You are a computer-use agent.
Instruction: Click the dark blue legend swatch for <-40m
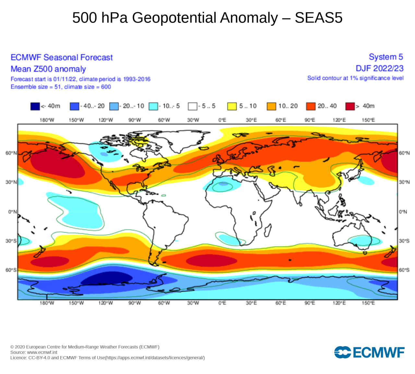(35, 106)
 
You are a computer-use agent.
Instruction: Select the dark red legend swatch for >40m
(350, 106)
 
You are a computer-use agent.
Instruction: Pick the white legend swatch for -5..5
(193, 106)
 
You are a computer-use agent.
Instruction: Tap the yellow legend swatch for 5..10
(232, 106)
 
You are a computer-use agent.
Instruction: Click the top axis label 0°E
(222, 120)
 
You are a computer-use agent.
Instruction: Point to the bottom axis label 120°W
(106, 303)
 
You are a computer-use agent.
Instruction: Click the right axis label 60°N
(404, 153)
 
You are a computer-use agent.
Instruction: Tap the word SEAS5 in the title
(318, 18)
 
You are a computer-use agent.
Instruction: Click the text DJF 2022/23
(379, 69)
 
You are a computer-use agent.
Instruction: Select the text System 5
(386, 57)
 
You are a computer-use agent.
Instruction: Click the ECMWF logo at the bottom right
(369, 352)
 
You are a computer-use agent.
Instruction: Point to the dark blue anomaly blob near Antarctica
(107, 278)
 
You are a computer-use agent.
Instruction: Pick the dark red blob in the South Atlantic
(211, 260)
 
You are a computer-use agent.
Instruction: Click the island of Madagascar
(268, 230)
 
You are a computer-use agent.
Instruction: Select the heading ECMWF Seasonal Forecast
(62, 57)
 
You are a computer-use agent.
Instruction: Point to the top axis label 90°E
(310, 120)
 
